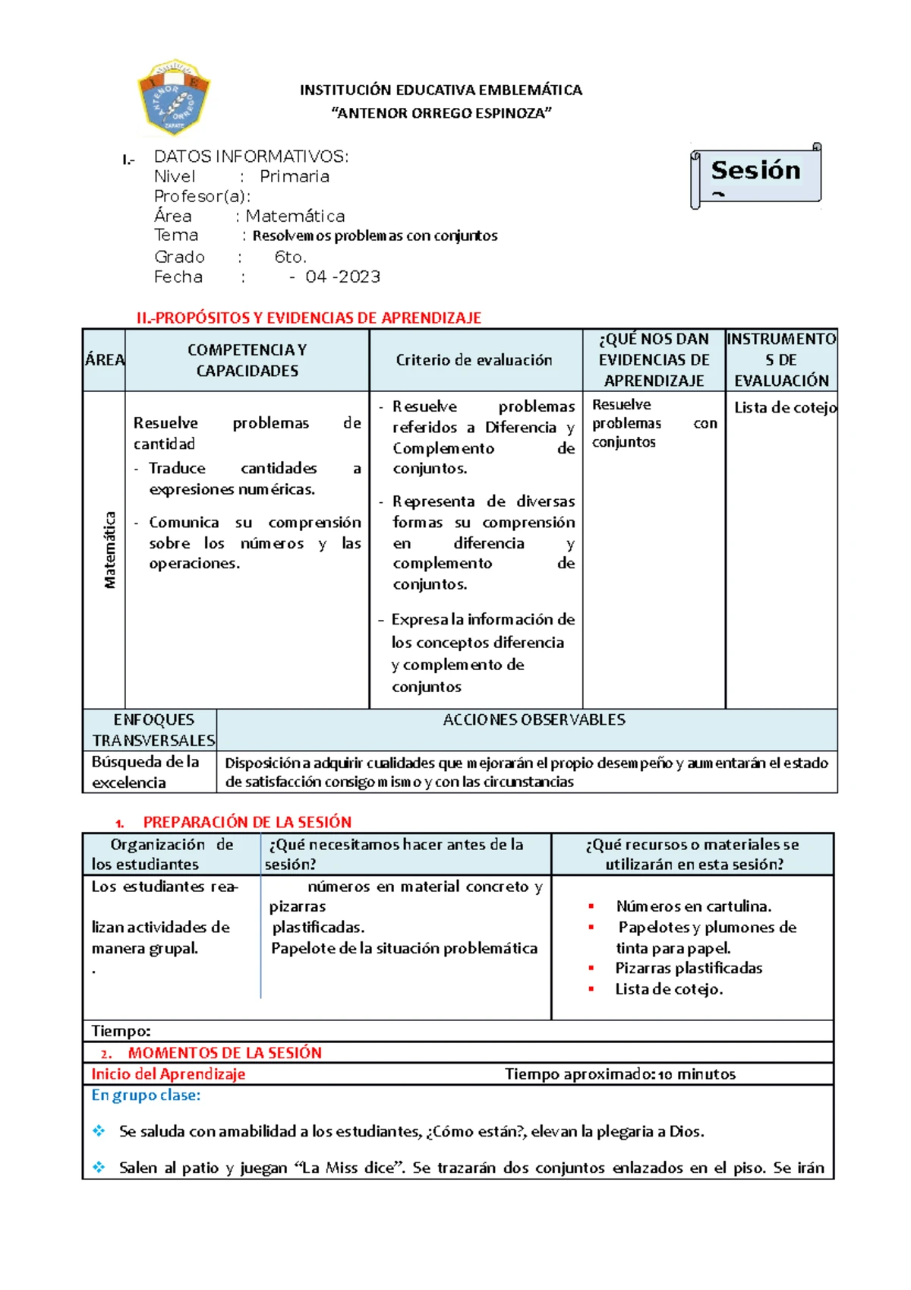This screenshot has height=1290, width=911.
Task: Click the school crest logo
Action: [x=174, y=97]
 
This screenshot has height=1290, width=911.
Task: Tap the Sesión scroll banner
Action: [x=755, y=174]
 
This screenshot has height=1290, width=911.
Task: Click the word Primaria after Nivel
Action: [x=295, y=176]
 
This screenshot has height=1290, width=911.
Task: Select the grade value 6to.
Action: [x=290, y=257]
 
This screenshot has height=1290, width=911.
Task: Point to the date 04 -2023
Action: [x=342, y=277]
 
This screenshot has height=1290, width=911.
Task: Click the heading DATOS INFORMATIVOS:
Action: [x=251, y=157]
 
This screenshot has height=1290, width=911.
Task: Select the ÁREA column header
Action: [x=104, y=360]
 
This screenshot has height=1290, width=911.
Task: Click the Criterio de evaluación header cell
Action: [x=474, y=360]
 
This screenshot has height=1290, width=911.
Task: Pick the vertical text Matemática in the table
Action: [x=110, y=550]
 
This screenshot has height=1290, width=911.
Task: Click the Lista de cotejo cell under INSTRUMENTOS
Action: [x=784, y=408]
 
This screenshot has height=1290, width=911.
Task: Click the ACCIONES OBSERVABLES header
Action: [x=534, y=719]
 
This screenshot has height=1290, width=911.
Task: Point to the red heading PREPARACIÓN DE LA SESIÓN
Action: [x=247, y=822]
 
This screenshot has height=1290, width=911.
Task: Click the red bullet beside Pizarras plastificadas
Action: [x=591, y=968]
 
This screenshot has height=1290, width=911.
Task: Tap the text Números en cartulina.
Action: [x=693, y=906]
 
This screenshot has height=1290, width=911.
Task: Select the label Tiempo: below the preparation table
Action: [x=121, y=1031]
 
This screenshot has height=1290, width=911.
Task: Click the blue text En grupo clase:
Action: [x=146, y=1095]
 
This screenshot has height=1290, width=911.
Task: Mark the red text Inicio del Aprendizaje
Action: [x=168, y=1073]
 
